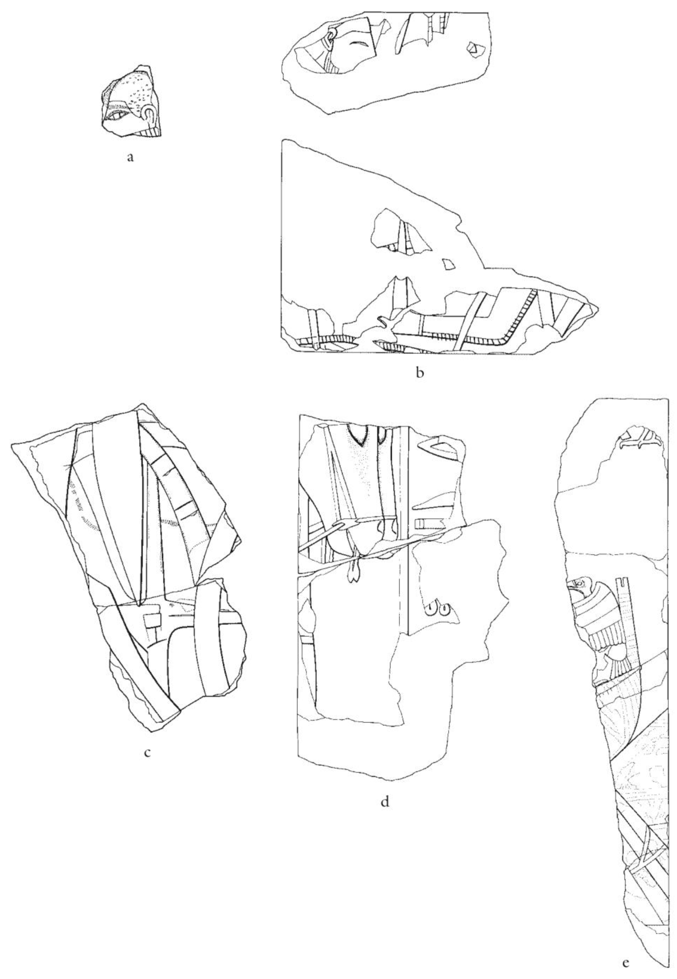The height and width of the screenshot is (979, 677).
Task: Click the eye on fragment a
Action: (119, 115)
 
